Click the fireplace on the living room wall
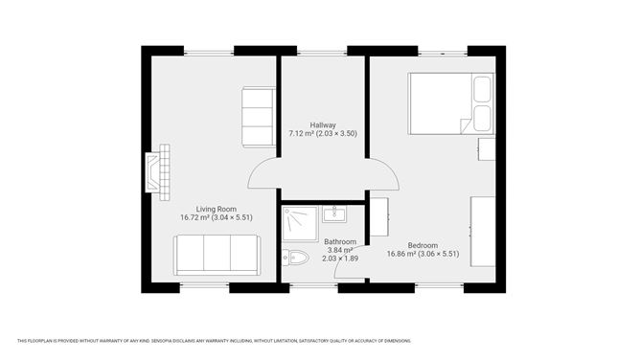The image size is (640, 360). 158,169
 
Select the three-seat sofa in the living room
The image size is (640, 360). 216,254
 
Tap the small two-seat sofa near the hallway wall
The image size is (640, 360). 258,117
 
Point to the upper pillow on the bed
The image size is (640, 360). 482,91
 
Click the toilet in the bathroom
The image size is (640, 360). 295,257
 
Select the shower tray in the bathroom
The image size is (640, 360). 299,223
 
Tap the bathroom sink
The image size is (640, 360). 334,214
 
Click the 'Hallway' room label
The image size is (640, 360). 323,124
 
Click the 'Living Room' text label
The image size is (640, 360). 217,209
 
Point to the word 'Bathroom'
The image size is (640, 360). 340,241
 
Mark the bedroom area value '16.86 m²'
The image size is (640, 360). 403,254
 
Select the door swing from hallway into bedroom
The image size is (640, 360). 384,174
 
